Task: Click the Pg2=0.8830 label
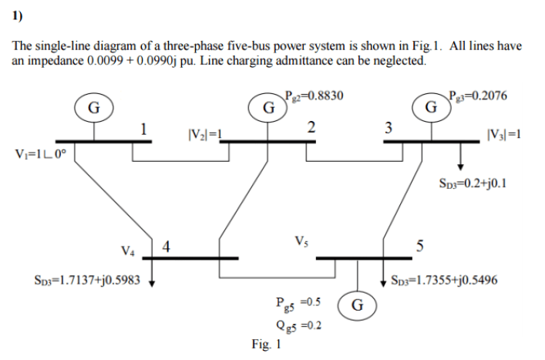point(315,96)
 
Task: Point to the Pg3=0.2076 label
point(478,96)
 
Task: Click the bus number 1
point(143,130)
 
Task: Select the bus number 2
point(311,127)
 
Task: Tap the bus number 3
point(389,128)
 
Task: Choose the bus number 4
point(167,247)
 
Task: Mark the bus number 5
point(420,246)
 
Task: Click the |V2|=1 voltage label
point(205,134)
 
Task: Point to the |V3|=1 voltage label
point(504,134)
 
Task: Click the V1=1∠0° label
point(40,153)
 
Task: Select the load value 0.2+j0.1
point(486,183)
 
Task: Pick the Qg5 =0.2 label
point(298,325)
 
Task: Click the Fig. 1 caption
point(266,345)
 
